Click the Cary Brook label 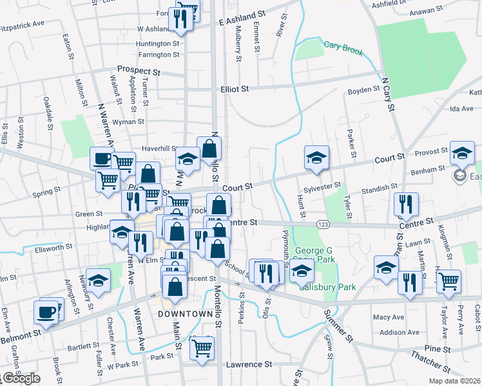pos(344,51)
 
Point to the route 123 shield pos(323,223)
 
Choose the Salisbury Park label pos(322,287)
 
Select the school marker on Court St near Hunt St pos(316,158)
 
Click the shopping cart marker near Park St pos(203,348)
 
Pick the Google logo pos(21,378)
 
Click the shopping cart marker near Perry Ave pos(448,280)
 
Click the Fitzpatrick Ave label pos(22,23)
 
